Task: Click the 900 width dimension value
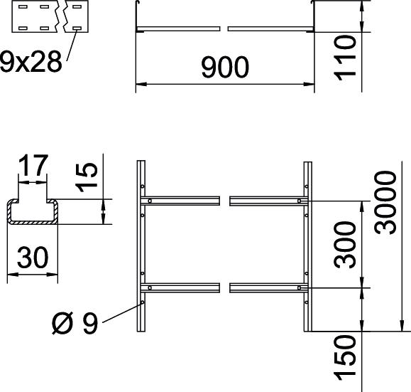click(x=225, y=68)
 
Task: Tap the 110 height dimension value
click(x=345, y=58)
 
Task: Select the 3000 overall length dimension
click(x=385, y=202)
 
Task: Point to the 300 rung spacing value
click(x=345, y=245)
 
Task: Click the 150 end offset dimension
click(x=345, y=358)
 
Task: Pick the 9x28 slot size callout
click(x=31, y=61)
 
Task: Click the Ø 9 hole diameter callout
click(x=75, y=324)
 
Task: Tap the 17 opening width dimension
click(x=33, y=165)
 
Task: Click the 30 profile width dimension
click(x=33, y=258)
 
